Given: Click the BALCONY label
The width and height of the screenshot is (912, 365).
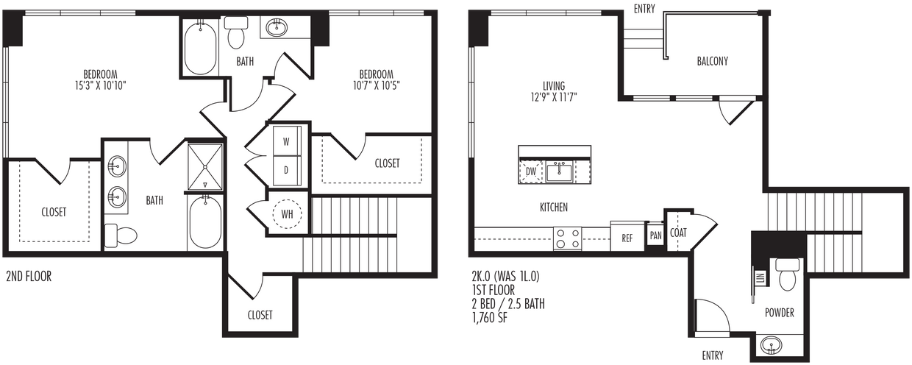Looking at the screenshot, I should coord(712,61).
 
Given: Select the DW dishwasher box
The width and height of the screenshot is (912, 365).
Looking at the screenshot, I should coord(530,172).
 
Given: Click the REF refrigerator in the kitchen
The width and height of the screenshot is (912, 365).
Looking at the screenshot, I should coord(627,238).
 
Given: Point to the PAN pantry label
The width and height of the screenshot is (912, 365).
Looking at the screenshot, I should coord(655,236).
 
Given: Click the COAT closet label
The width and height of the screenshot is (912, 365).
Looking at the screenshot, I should coord(678,233).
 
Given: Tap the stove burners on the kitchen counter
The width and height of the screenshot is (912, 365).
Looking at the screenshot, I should coord(567,239).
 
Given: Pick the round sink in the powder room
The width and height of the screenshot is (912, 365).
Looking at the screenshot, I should coord(772,344).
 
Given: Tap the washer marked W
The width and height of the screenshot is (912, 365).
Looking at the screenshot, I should coord(285,140).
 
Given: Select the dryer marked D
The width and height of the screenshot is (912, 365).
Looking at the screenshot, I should coord(285,169).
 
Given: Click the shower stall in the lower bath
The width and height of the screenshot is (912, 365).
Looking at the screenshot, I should coord(204,166).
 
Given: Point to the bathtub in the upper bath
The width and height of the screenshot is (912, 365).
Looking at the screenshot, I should coord(200,49).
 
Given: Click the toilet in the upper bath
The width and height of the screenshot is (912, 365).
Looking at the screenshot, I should coord(237,33).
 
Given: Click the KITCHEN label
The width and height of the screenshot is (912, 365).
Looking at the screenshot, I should coord(553,208).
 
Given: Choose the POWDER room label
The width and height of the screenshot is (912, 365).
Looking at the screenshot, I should coord(779,313).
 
